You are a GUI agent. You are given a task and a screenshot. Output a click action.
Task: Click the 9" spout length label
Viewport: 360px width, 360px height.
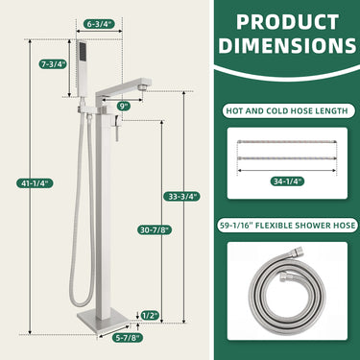(x=123, y=105)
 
